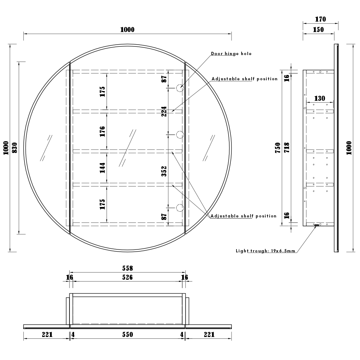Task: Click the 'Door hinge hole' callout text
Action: click(x=231, y=54)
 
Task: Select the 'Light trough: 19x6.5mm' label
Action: click(x=265, y=251)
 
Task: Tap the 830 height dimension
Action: click(x=14, y=148)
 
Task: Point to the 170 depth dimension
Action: click(x=320, y=19)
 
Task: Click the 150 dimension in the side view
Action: click(x=318, y=30)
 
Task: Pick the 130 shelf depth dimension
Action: click(x=319, y=98)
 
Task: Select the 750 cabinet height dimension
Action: click(x=278, y=148)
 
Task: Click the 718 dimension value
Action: click(x=287, y=148)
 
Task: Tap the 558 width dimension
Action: click(x=127, y=268)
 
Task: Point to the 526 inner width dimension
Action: click(x=127, y=277)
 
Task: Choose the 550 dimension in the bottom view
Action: click(x=127, y=334)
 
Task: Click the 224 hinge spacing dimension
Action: click(x=164, y=112)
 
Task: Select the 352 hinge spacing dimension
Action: click(x=164, y=171)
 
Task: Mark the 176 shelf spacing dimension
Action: click(x=102, y=131)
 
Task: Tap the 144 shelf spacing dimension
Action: click(x=102, y=167)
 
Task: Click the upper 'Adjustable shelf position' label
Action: click(x=244, y=79)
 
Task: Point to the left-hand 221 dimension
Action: click(x=47, y=334)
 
